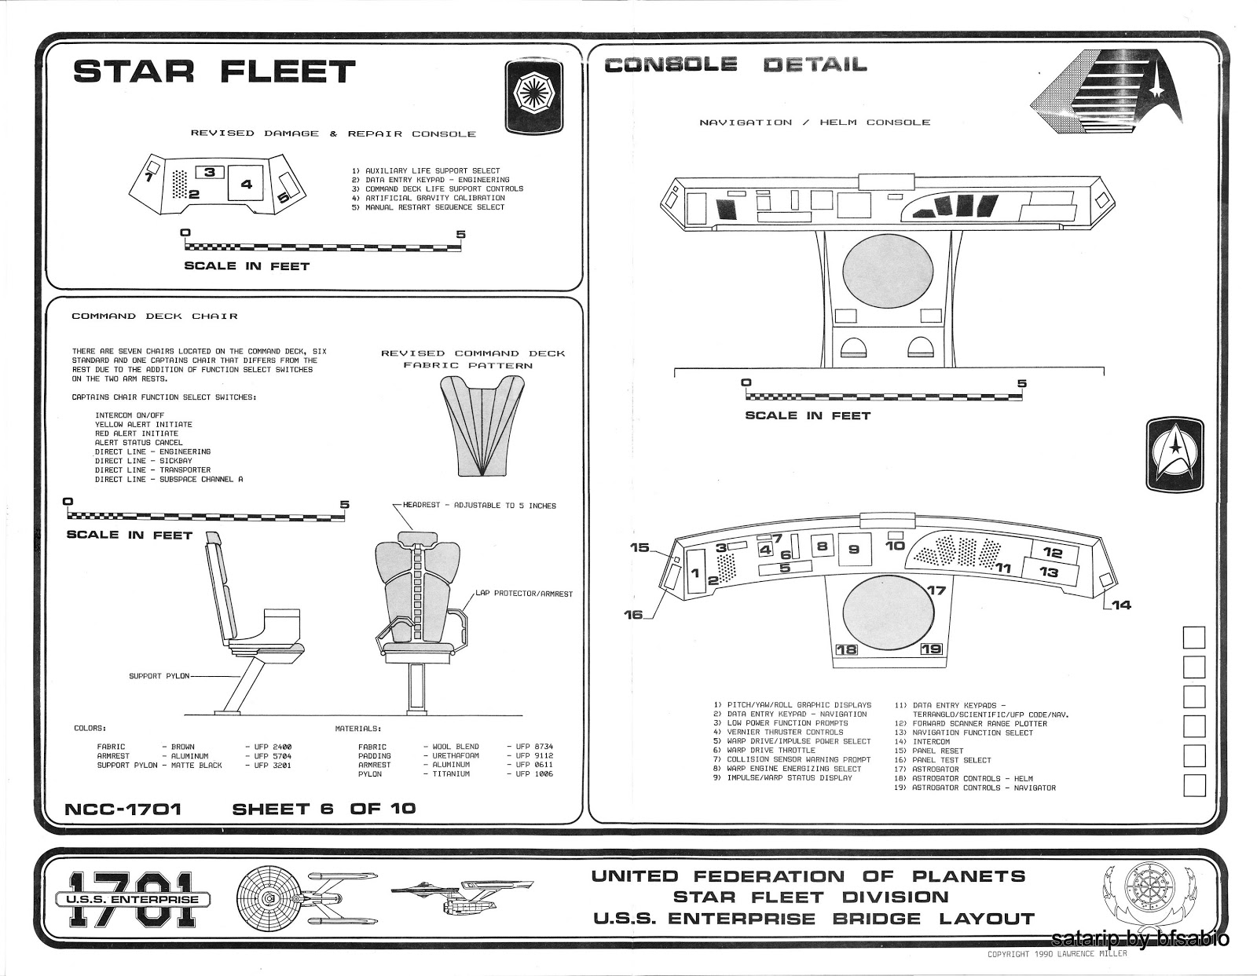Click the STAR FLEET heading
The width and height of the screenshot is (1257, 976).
point(214,71)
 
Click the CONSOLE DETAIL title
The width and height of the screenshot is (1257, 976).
point(735,65)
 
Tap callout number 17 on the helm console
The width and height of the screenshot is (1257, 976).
point(935,590)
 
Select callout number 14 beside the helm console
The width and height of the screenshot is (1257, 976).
point(1121,605)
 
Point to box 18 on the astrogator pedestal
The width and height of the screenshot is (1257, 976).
point(847,649)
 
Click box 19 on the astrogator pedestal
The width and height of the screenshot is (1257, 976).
point(931,649)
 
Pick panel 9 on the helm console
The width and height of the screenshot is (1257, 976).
point(854,550)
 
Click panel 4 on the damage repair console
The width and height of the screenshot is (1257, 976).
point(246,184)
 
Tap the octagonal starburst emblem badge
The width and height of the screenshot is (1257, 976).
point(533,97)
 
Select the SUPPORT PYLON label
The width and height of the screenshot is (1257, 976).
point(156,676)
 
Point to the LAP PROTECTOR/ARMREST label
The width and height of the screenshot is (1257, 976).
point(524,594)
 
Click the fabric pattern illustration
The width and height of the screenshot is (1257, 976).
point(482,425)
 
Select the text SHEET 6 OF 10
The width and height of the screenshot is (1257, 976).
point(324,808)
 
